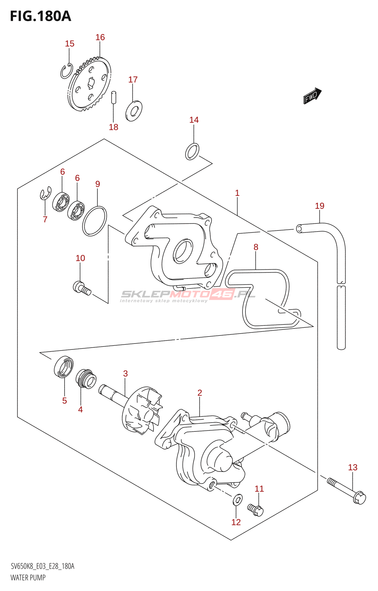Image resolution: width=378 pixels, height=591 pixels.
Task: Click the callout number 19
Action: click(320, 206)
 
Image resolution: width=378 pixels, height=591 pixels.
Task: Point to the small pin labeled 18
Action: click(114, 98)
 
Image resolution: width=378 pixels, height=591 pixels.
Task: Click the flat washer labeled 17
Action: click(134, 111)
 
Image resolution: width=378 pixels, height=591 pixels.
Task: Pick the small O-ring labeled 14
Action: click(192, 151)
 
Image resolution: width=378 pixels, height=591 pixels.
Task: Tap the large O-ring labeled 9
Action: click(94, 221)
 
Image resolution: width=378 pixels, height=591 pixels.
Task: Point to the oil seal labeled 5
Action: click(63, 367)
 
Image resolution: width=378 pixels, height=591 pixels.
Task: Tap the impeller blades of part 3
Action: click(142, 410)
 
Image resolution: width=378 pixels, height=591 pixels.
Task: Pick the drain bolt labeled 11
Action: click(256, 509)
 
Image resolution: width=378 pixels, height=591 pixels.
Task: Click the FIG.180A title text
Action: click(40, 16)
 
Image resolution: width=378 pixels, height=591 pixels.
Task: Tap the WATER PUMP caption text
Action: click(28, 577)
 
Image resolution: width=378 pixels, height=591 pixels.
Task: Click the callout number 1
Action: click(237, 193)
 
